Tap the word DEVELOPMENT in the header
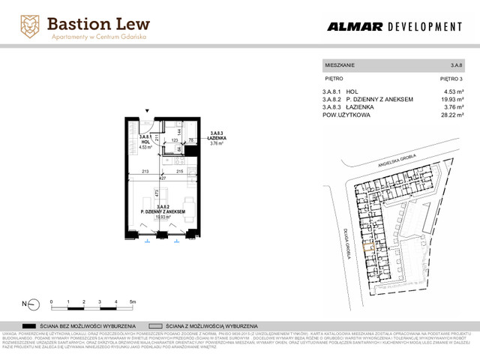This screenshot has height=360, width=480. pos(424,27)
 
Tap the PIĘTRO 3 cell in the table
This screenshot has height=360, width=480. pos(451,78)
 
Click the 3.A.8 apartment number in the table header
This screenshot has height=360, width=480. pos(456,66)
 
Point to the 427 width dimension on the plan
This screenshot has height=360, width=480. pos(160,178)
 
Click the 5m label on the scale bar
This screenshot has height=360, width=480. pos(132,300)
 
